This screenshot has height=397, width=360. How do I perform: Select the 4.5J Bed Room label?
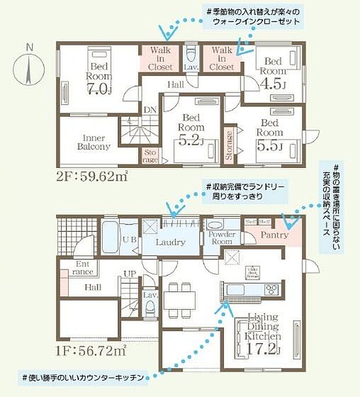pos(273,73)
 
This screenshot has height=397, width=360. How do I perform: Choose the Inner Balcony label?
pos(93,142)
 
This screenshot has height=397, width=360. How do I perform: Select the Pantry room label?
pos(274,235)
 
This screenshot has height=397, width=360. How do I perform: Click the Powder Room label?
pos(221,238)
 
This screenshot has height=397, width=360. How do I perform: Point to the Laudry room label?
pos(170,242)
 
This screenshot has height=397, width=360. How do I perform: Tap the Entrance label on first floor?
pos(84,267)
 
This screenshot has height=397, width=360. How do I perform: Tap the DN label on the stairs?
pos(150,109)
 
